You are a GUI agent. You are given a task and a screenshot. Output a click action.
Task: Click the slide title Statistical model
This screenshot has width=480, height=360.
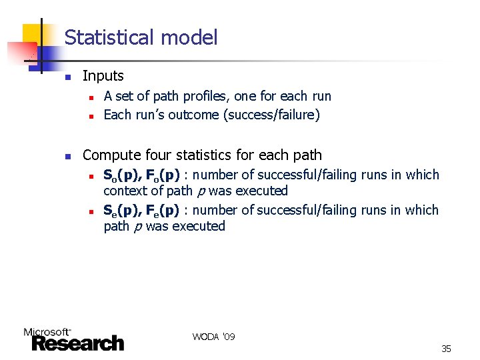pos(141,37)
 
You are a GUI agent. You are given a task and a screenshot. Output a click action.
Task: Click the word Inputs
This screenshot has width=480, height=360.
pos(103,77)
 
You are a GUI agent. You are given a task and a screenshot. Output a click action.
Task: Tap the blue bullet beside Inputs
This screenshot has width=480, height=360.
pos(67,77)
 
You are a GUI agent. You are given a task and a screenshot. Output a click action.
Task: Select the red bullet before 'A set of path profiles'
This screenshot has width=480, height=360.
pos(89,97)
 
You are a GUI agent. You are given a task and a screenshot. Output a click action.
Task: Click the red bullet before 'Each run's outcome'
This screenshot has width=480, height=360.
pos(89,115)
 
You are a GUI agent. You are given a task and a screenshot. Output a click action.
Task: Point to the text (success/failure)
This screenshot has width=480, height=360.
pos(272,115)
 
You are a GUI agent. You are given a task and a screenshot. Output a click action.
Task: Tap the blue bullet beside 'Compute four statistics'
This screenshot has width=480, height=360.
pos(67,157)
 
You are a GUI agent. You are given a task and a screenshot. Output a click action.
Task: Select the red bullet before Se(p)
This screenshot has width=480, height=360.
pos(89,211)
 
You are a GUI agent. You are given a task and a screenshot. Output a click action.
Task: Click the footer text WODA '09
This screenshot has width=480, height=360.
pos(213,337)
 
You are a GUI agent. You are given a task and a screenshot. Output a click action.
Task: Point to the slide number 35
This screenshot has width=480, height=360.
pos(446,349)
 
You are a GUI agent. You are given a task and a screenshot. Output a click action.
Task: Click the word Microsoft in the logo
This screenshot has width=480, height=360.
pos(47,331)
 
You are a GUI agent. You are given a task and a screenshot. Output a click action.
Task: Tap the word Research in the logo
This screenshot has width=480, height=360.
pos(77,343)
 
